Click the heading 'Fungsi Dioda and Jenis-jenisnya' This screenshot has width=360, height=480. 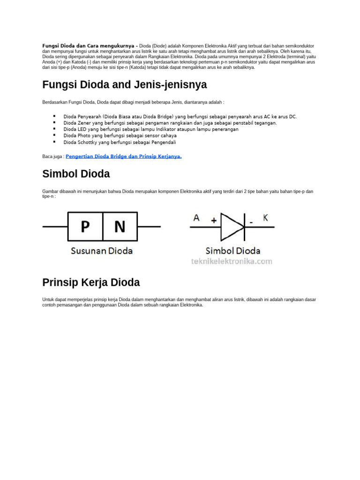pos(124,85)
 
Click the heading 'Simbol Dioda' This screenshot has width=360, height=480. pos(76,174)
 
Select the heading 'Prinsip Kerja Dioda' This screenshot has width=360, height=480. pos(91,283)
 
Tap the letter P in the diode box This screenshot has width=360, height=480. pos(85,227)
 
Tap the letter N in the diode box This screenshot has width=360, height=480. pos(120,227)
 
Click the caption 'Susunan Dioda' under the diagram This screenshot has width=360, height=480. pos(101,251)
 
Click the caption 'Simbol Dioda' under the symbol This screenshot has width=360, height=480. pos(233,251)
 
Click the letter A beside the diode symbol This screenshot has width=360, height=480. pos(196,217)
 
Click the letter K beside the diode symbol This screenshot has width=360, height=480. pos(265,217)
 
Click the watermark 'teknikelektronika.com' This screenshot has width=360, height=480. pos(231,262)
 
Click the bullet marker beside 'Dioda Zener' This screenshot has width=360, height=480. pos(54,122)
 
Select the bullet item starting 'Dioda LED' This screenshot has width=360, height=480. pos(151,129)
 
